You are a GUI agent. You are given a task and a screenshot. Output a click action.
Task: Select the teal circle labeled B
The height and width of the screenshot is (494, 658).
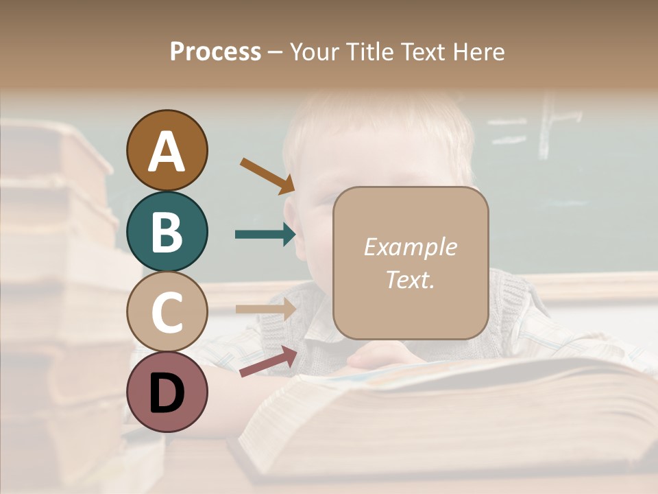tap(167, 231)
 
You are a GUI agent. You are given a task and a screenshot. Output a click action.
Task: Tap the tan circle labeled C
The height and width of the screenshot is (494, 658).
tap(167, 311)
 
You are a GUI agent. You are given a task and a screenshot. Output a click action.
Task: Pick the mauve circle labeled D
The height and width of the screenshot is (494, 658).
tap(167, 392)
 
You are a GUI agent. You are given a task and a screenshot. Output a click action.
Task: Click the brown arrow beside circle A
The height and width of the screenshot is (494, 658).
tap(267, 176)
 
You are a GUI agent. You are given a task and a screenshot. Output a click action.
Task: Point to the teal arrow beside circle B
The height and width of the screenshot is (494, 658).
tap(265, 235)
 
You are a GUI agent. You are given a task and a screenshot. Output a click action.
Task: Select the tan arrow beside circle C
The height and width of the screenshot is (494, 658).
tap(265, 309)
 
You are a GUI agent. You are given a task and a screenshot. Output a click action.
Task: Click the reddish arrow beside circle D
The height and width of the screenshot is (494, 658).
tap(267, 362)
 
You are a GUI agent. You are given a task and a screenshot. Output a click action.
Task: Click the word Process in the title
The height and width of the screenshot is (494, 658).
tap(215, 51)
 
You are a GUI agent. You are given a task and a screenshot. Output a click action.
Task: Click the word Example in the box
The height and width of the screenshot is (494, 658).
tap(410, 247)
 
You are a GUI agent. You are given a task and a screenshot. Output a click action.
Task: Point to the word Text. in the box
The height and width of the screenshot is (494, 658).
tap(410, 279)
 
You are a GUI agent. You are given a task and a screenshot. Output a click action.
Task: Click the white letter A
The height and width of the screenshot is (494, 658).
tap(167, 152)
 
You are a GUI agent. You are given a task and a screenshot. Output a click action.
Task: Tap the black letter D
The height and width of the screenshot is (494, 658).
tap(167, 393)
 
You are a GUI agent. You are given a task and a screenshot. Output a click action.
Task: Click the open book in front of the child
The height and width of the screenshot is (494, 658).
tap(446, 419)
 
